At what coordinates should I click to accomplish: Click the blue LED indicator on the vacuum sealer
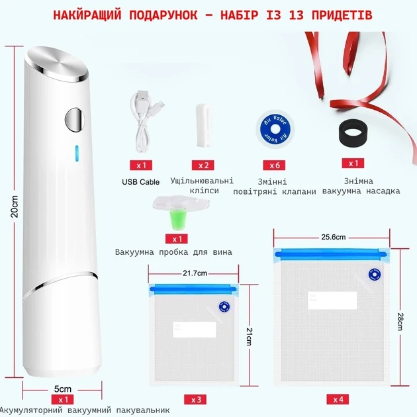click(77, 153)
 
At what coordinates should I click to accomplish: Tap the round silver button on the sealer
click(75, 120)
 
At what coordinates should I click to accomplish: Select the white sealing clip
click(203, 126)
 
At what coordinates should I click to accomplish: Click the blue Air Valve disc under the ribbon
click(275, 129)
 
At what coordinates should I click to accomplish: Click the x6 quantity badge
click(274, 165)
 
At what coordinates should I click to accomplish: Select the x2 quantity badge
click(203, 165)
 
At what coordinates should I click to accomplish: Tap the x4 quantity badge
click(338, 399)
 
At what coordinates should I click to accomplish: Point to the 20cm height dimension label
click(15, 207)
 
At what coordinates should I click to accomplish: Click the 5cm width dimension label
click(63, 389)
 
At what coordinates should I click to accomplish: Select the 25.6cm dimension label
click(333, 237)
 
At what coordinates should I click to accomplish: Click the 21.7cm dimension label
click(195, 273)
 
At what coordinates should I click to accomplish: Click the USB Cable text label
click(141, 182)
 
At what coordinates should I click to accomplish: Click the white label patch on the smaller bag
click(195, 330)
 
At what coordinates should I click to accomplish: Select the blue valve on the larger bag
click(375, 274)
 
